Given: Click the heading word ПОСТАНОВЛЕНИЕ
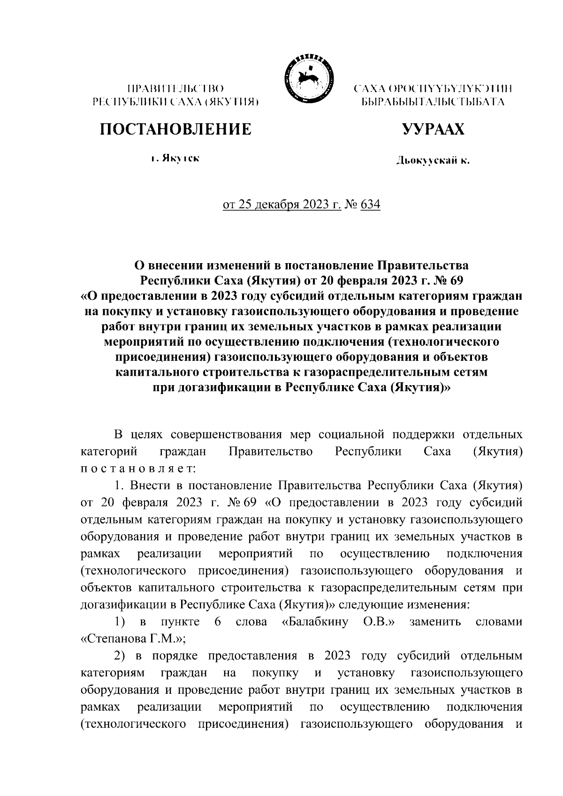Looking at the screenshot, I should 175,129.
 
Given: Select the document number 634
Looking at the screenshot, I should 371,205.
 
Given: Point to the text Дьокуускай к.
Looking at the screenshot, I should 432,161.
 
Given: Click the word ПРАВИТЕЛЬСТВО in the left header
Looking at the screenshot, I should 175,88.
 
